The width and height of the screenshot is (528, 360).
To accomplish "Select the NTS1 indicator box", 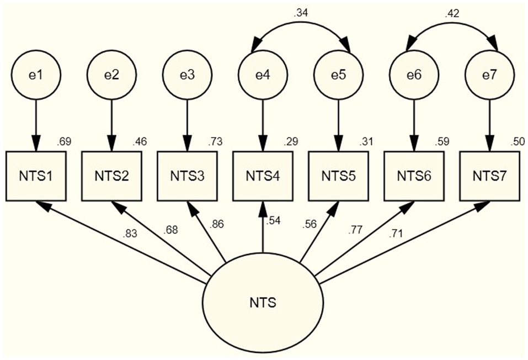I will (x=36, y=176).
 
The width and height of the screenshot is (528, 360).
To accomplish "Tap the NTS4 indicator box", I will (x=263, y=176).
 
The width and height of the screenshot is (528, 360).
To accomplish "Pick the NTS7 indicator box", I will (x=489, y=176).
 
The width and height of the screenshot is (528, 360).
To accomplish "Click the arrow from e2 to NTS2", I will (x=112, y=124).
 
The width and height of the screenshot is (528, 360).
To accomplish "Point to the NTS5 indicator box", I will (x=338, y=176).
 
